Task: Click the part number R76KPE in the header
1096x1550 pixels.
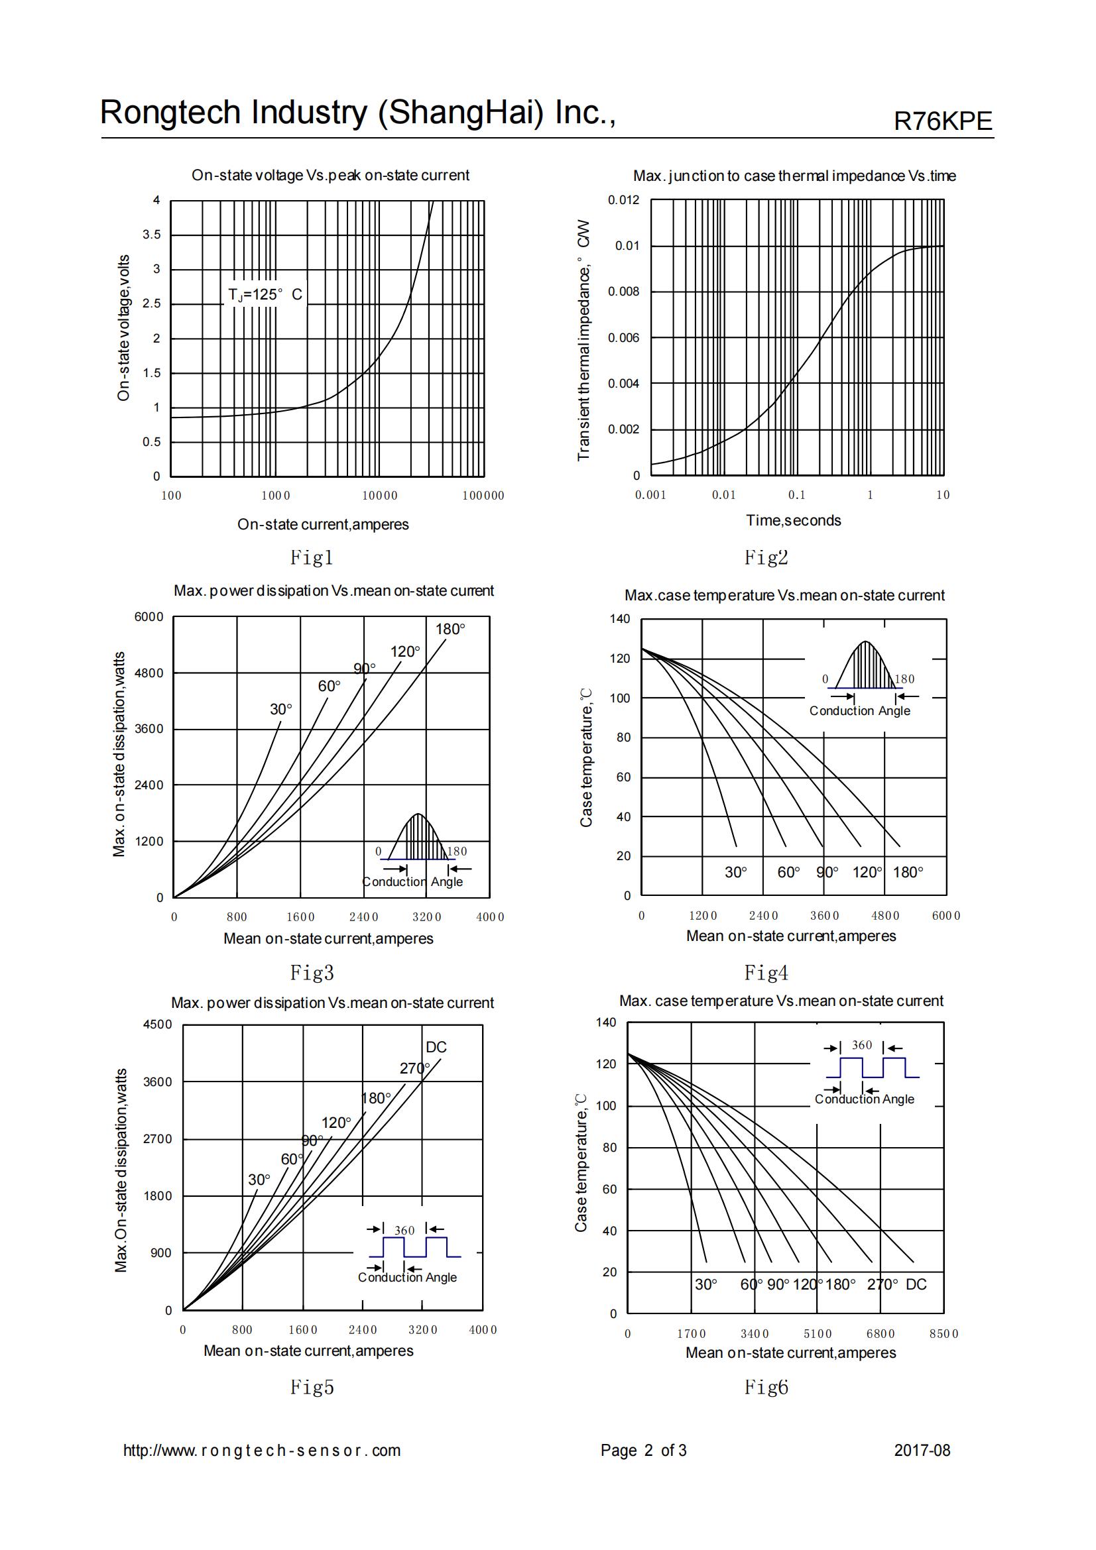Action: pos(943,121)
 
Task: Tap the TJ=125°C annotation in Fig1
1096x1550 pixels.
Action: pos(265,294)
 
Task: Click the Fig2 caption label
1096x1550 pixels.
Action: pos(766,557)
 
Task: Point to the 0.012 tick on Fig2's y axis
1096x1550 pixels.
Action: pos(623,200)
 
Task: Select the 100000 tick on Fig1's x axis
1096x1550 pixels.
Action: pos(483,496)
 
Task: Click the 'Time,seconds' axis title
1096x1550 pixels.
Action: pos(793,520)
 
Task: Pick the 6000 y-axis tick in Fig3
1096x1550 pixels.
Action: pos(149,616)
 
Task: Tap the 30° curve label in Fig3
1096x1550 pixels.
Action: pos(281,709)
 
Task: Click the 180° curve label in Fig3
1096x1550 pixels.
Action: pos(450,629)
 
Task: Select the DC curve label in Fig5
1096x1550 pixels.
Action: pos(436,1047)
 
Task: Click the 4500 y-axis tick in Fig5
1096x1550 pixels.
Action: pos(157,1024)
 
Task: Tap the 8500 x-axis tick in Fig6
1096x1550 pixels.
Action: pos(944,1333)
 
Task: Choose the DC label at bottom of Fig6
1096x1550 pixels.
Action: pos(916,1284)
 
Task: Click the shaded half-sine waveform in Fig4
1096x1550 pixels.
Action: pos(866,665)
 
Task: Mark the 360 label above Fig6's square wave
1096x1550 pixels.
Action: pos(862,1045)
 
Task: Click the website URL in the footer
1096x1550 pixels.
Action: pos(261,1450)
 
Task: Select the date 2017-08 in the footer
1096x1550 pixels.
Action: pos(922,1450)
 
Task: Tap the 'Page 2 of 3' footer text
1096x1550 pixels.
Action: pos(643,1450)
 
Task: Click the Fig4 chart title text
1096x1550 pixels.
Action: pos(784,596)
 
